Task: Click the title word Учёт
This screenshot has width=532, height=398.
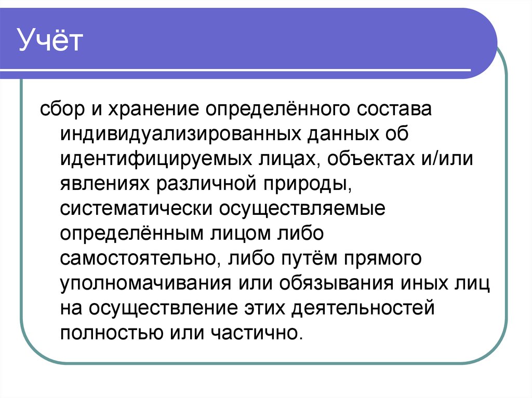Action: (x=51, y=42)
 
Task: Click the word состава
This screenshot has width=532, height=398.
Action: (x=380, y=111)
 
